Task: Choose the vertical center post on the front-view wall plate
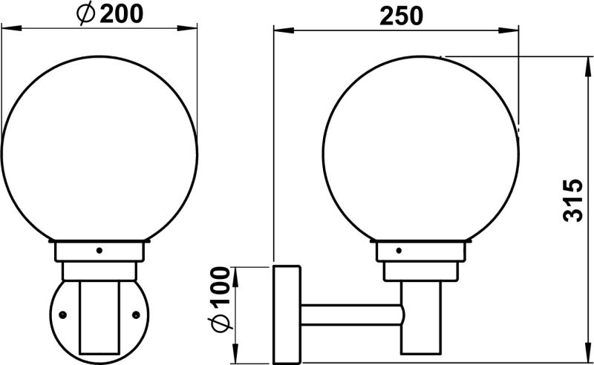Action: pyautogui.click(x=99, y=315)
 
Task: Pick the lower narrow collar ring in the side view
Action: pyautogui.click(x=421, y=271)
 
